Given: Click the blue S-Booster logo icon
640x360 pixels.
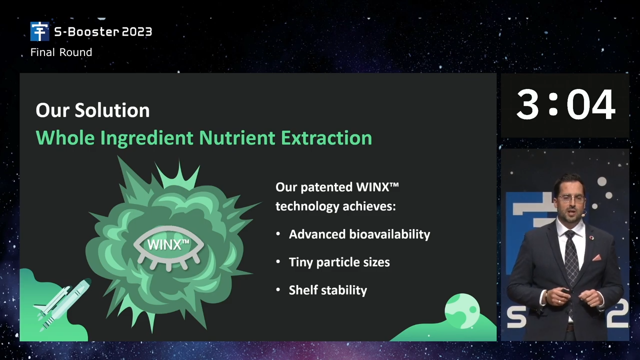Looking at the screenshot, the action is point(39,31).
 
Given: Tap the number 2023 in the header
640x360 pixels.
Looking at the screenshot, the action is point(137,31).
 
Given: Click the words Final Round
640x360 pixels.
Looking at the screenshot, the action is point(61,52).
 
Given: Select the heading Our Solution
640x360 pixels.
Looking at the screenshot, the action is point(92,110).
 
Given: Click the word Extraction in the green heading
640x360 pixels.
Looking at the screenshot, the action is point(326,137).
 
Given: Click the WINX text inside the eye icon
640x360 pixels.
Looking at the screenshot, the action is point(168,244).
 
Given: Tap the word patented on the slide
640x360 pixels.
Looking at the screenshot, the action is point(326,188).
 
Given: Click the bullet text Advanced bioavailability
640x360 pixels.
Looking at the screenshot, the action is point(359,234).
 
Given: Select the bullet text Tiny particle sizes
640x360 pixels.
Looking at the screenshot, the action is point(339,262).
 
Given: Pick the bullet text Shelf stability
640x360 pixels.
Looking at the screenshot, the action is point(327,290).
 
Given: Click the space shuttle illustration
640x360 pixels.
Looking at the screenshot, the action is point(62,304).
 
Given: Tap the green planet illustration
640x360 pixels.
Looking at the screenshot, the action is point(462,311).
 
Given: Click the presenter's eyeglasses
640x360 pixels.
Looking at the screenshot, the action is point(571,198).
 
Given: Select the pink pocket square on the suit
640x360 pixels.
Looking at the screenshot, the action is point(597,257).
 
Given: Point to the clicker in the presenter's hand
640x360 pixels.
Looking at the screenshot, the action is point(565,291).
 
